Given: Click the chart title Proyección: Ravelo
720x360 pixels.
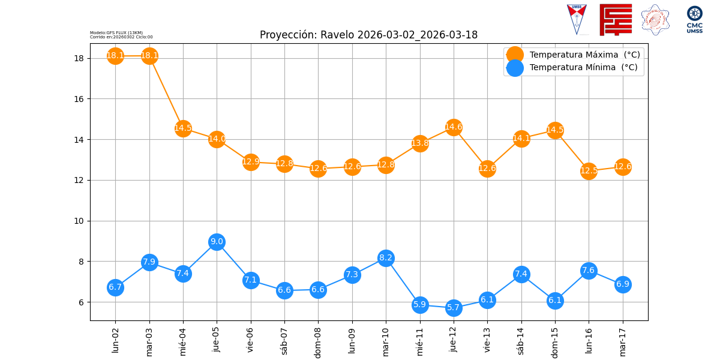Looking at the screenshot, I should pos(368,35).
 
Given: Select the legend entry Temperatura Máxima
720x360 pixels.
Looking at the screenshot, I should pos(584,55).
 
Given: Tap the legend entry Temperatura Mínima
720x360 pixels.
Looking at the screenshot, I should pos(583,67).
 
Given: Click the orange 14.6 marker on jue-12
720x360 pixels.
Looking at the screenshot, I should pos(454,127).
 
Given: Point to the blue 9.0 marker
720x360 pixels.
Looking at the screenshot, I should pos(217,242).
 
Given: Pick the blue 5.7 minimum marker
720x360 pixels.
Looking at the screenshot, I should pos(454,308).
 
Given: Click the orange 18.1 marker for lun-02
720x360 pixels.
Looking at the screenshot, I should pos(115,56).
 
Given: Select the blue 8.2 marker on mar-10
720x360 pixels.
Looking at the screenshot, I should pos(386,258).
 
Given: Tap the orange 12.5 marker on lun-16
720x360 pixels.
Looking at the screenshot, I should pos(589,171).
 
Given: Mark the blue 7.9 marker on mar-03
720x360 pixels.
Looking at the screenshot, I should pos(149,262).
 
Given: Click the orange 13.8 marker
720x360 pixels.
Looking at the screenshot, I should pos(420,143).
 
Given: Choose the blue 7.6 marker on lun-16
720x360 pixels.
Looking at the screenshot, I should pos(589,271).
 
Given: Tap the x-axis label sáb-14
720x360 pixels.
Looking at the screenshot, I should pos(521,341).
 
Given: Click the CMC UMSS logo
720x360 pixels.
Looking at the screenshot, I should pos(695,19).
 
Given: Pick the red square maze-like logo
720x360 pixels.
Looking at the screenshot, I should pos(616,19).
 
